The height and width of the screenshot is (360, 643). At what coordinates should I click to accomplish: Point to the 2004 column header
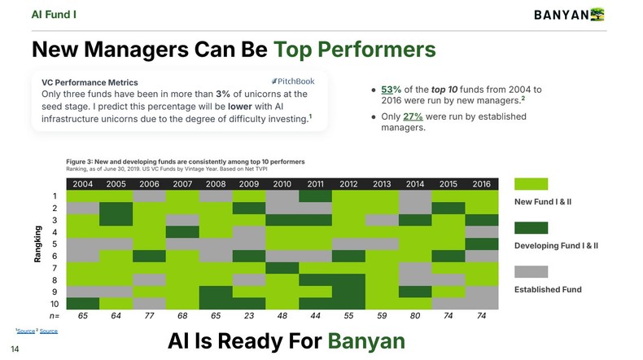click(x=82, y=183)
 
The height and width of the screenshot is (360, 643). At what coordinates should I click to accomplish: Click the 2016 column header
click(x=481, y=183)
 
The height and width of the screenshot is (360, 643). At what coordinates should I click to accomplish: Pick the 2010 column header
click(x=282, y=183)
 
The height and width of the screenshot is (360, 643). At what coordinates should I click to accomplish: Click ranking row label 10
click(x=55, y=304)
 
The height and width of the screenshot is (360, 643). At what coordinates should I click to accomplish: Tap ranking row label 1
click(x=55, y=196)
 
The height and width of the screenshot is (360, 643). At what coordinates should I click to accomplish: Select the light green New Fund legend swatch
click(x=531, y=184)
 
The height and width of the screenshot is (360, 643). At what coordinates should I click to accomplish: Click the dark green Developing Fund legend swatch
click(x=531, y=228)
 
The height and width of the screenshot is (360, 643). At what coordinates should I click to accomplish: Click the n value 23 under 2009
click(x=249, y=316)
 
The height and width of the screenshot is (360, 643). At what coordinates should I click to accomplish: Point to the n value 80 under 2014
click(x=415, y=316)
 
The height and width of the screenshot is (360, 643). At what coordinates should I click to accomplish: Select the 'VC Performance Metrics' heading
click(x=90, y=82)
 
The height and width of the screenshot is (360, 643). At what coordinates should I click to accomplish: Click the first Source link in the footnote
click(x=26, y=331)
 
